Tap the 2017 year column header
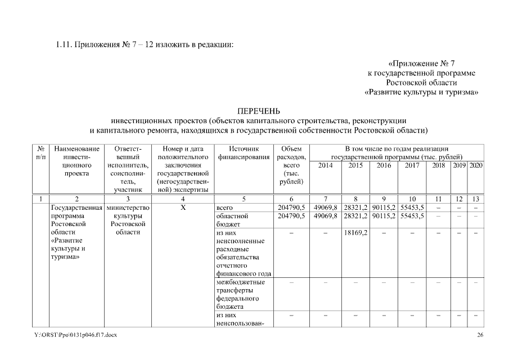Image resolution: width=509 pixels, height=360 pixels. click(412, 165)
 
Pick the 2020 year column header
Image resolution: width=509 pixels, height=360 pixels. click(476, 165)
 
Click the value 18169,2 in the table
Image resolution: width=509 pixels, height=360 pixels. click(355, 233)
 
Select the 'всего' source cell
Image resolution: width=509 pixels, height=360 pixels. click(224, 208)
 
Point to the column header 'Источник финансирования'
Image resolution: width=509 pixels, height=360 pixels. click(243, 153)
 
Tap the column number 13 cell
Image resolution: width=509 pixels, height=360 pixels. click(476, 199)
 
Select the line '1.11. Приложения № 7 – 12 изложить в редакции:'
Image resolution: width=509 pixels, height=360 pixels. click(144, 44)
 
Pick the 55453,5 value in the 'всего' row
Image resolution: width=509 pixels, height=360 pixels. click(412, 208)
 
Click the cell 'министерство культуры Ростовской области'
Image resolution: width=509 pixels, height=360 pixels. click(128, 220)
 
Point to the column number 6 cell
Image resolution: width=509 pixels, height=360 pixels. click(291, 199)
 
